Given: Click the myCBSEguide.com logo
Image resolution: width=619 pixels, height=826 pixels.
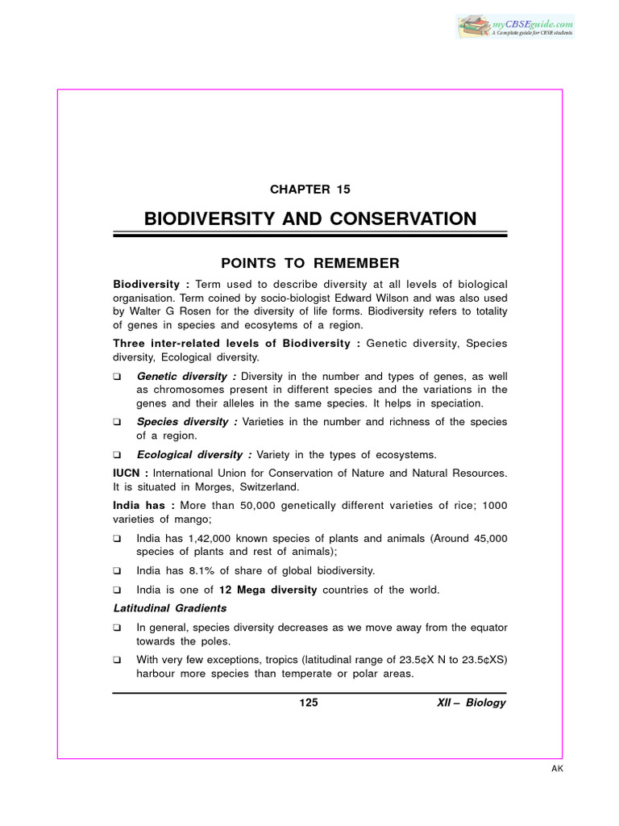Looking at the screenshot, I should point(515,26).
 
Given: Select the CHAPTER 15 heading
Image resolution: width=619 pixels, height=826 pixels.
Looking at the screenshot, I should point(310,190).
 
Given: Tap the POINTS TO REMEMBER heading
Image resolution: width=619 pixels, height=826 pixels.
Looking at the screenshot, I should point(310,263).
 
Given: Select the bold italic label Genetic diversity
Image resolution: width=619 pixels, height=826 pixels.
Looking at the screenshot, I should point(185,377).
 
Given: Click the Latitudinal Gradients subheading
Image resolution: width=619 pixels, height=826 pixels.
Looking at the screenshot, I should point(170,608).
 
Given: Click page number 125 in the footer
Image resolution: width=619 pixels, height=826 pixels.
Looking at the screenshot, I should point(309,703).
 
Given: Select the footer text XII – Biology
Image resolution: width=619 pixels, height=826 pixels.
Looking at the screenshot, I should point(472,703).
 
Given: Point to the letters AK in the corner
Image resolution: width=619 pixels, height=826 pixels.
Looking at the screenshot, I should point(557,769).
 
